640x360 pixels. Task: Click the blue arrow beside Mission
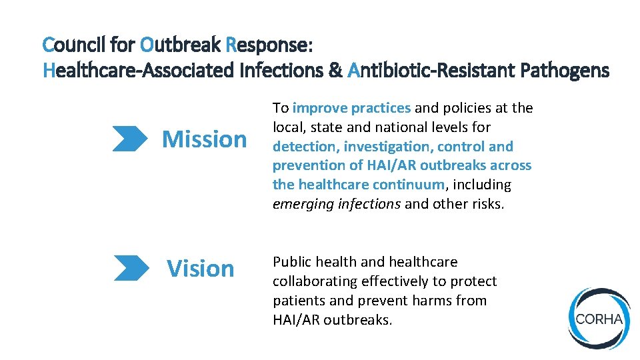[x=130, y=139]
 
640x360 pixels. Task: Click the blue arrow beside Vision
[x=131, y=267]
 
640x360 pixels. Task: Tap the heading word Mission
[x=204, y=139]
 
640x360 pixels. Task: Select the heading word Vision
[x=200, y=268]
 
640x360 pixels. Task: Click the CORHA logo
[x=599, y=319]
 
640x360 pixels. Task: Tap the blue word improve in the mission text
[x=319, y=108]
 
